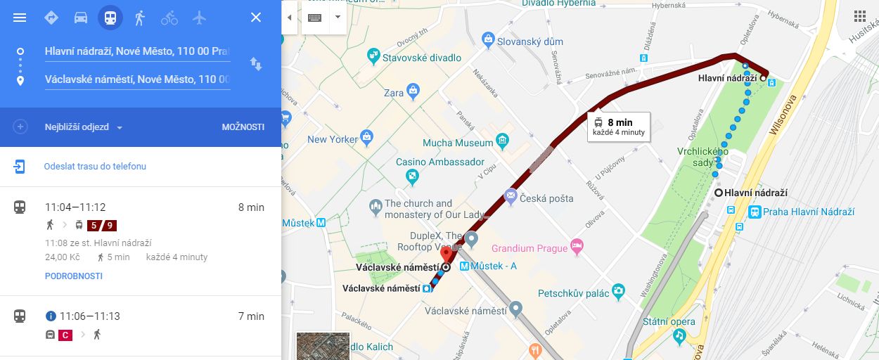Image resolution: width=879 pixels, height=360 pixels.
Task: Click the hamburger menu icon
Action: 20,18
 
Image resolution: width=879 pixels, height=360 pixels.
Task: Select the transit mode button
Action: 110,18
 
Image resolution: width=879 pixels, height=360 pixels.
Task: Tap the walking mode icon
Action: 139,18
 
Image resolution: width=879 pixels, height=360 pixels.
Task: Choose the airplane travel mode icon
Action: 200,18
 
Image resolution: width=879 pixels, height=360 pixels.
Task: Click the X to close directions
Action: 256,18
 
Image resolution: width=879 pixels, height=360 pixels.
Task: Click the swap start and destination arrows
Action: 256,65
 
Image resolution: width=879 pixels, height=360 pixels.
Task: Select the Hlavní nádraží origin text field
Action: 137,51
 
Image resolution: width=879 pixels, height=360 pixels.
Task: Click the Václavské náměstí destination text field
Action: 137,79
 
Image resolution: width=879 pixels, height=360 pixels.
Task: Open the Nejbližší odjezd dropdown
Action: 84,127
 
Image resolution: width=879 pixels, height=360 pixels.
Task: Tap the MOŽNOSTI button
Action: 243,127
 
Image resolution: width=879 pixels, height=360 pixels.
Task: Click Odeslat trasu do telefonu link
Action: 95,167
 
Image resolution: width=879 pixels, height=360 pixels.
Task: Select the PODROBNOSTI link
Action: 73,276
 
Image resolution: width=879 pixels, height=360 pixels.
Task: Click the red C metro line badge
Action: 65,335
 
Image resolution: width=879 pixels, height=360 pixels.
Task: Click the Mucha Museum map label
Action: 458,143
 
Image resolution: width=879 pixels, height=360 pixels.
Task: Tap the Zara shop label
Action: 394,93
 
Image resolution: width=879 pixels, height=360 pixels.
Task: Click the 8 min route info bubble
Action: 619,127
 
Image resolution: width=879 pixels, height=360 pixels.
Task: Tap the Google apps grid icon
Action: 859,17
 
